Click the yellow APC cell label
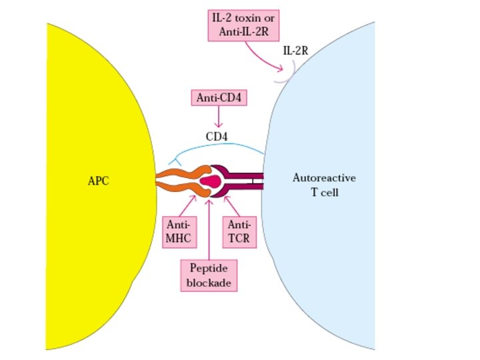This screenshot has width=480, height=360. point(97,181)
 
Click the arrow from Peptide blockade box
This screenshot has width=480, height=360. point(209,227)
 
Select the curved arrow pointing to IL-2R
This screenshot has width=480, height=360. point(263,59)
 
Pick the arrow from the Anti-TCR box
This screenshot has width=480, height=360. point(229,203)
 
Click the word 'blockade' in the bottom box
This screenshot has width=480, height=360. point(209,283)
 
